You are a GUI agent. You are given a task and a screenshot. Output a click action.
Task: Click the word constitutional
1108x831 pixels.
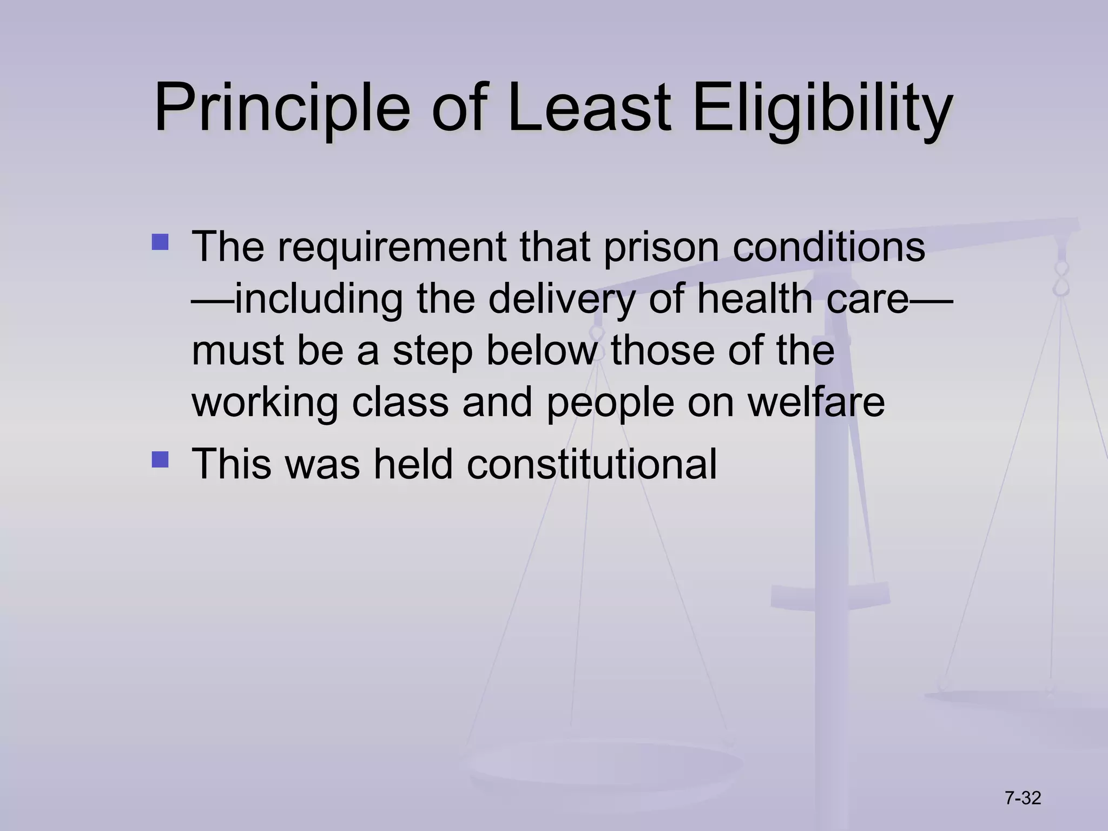(x=592, y=464)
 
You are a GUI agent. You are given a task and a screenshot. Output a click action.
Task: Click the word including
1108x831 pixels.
(x=320, y=299)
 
